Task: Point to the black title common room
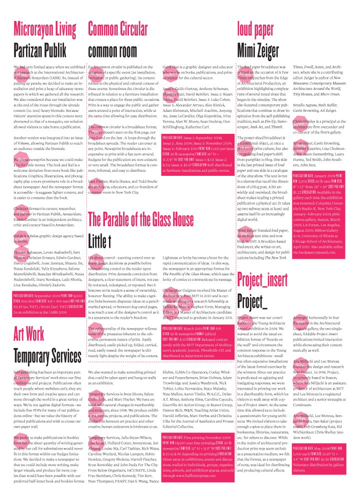[112, 50]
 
